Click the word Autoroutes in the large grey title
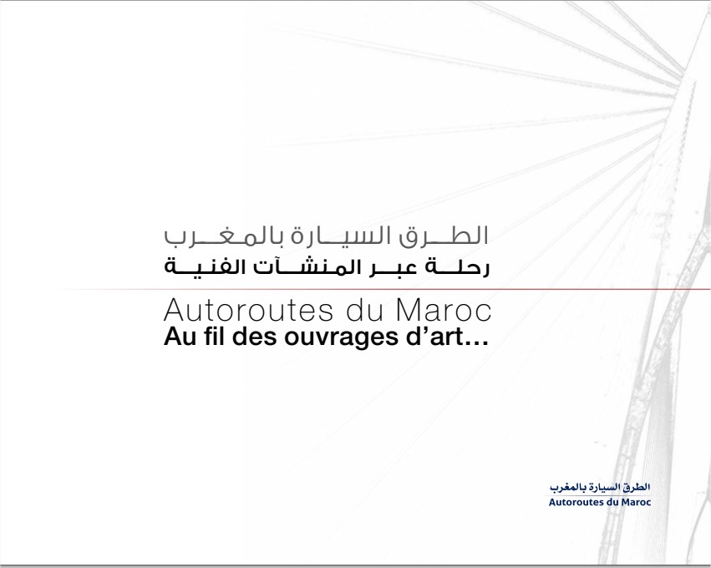click(248, 311)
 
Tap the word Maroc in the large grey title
click(444, 311)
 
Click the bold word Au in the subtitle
click(177, 337)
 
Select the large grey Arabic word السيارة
click(338, 236)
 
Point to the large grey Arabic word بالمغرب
click(222, 236)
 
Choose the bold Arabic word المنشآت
click(298, 267)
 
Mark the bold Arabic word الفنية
click(204, 267)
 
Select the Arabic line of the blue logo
click(600, 488)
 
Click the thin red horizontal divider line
click(385, 289)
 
